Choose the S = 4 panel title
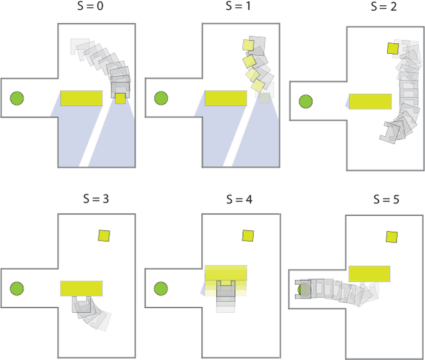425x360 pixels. pos(240,199)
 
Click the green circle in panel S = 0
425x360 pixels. pos(17,99)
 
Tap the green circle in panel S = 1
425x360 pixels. pos(161,99)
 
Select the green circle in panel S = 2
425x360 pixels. pos(305,102)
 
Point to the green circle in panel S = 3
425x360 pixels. pos(17,288)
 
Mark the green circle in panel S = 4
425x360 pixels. pos(161,288)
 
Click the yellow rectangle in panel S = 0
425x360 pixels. pos(82,98)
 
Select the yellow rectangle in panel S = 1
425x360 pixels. pos(226,98)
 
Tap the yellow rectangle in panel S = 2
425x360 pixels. pos(371,101)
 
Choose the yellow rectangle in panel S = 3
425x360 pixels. pos(82,288)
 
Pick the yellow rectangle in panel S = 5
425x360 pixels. pos(369,274)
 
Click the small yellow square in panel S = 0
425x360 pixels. pos(120,98)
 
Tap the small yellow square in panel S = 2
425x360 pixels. pos(393,48)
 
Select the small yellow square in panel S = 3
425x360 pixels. pos(104,235)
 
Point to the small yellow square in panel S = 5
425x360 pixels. pos(392,237)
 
